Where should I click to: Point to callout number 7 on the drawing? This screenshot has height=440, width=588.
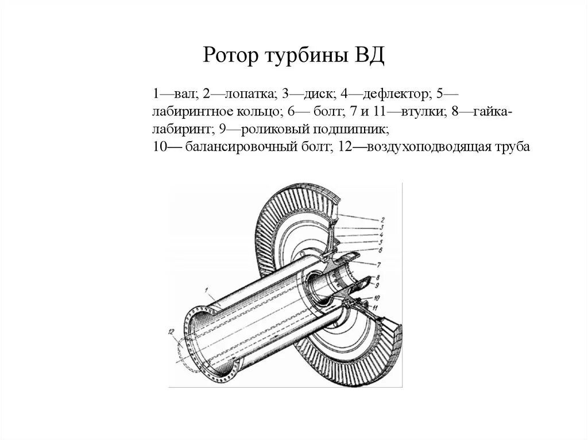pos(379,264)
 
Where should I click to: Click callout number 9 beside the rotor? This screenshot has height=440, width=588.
pos(377,285)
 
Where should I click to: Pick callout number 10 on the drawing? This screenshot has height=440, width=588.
pos(377,298)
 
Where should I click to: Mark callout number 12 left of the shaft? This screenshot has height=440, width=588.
pos(171,331)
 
